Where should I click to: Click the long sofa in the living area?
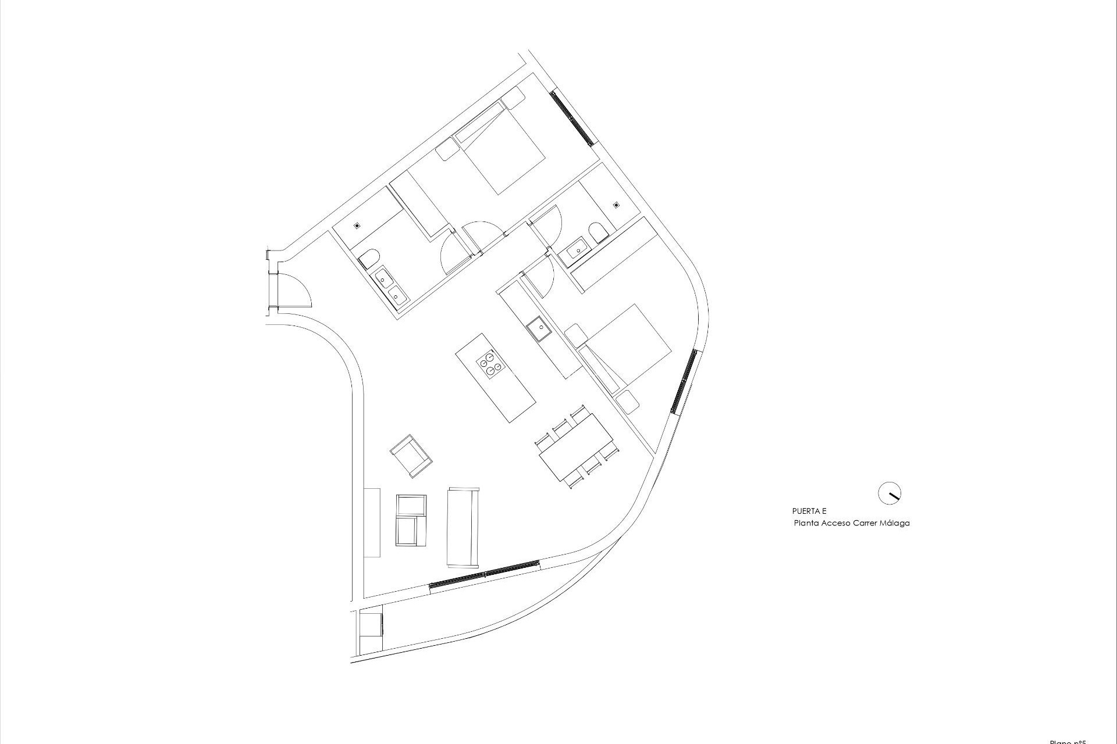[463, 527]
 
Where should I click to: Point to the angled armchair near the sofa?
[411, 456]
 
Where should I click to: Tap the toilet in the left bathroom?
[368, 257]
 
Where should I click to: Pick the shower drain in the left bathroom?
[358, 225]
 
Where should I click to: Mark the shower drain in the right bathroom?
[616, 205]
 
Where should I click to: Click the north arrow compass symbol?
[889, 493]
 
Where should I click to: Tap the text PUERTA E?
[809, 512]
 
